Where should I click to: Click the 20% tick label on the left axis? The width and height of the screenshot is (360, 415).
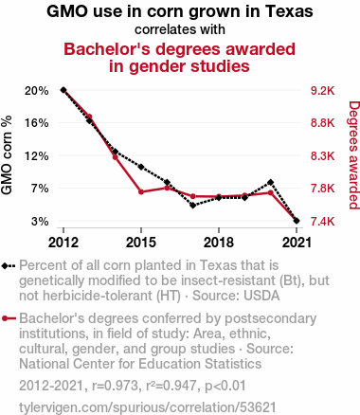[x=37, y=91]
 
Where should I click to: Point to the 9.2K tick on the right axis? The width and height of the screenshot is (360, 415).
[x=322, y=91]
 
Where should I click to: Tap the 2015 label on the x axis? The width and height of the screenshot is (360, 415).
[x=141, y=243]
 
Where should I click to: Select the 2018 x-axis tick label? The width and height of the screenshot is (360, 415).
[x=219, y=243]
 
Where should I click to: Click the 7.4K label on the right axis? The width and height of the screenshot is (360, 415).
[x=322, y=222]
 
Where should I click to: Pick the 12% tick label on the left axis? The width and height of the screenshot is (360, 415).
[x=37, y=156]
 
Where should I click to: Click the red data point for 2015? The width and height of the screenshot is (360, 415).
[x=141, y=191]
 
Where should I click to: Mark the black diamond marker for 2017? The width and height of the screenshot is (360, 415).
[x=193, y=206]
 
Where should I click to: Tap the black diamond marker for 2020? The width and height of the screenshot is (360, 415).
[x=270, y=182]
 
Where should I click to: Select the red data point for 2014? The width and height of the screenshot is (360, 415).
[x=116, y=157]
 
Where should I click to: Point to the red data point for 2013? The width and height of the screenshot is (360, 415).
[x=89, y=117]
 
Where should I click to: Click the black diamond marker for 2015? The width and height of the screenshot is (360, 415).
[x=141, y=167]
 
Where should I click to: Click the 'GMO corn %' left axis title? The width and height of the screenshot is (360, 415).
[x=7, y=155]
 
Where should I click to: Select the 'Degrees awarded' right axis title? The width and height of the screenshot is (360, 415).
[x=354, y=155]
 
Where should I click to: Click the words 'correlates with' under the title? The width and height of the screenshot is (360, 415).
[x=180, y=29]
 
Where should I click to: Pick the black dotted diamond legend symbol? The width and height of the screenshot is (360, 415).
[x=9, y=265]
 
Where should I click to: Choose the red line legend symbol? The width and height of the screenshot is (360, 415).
[x=9, y=318]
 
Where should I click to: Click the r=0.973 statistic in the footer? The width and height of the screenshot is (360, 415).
[x=115, y=386]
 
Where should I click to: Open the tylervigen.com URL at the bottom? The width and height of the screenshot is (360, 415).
[x=148, y=407]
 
